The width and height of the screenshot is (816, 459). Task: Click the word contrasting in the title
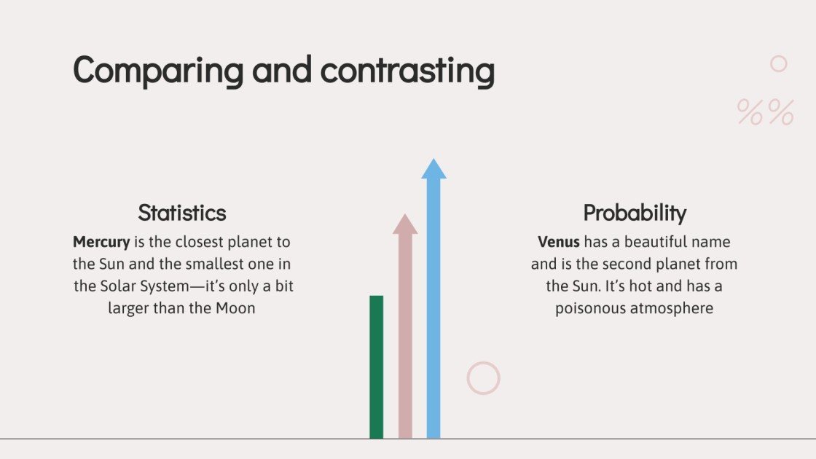click(407, 71)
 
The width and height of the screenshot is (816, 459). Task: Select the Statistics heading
click(182, 213)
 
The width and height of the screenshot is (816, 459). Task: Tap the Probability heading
click(635, 213)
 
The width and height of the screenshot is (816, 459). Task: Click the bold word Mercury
click(101, 241)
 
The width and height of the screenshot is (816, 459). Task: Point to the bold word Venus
click(559, 241)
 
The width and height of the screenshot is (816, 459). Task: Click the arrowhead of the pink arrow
click(405, 224)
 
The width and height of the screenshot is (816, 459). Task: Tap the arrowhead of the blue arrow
click(433, 169)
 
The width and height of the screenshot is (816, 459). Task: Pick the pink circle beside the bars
click(483, 378)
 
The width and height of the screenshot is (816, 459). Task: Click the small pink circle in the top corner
click(779, 64)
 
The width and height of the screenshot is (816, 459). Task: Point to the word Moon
click(235, 308)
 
